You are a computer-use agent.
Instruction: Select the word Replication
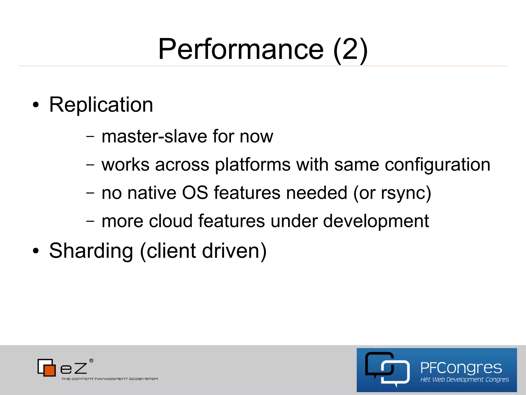point(101,105)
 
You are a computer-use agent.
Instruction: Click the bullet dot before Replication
point(36,105)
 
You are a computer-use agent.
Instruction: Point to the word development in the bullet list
point(376,221)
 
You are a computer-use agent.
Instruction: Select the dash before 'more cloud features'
point(90,221)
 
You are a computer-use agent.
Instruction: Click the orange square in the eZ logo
point(50,370)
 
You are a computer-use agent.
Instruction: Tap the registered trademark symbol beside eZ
point(91,361)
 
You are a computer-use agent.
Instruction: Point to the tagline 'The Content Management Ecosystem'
point(110,379)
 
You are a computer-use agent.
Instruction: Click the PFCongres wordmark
point(461,368)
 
